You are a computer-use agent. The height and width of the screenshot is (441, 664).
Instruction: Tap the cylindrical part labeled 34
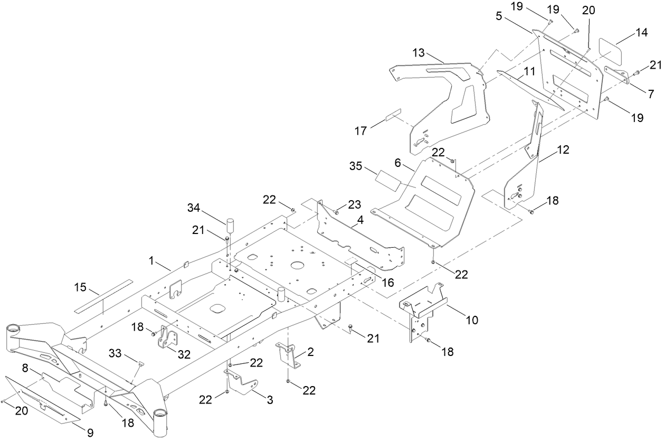tap(230, 226)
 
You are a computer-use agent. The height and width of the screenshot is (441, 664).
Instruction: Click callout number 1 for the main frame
tap(151, 260)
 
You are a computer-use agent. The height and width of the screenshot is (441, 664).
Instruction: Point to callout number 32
tap(184, 355)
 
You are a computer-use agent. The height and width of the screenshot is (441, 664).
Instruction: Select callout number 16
tap(388, 283)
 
